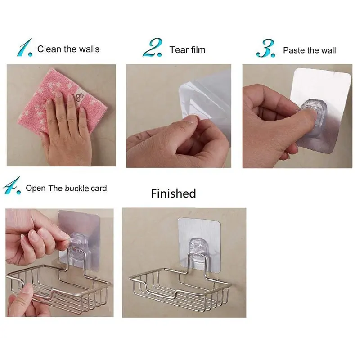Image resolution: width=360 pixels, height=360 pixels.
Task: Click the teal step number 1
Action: pos(24,48)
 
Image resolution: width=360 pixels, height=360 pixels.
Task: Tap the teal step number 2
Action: pos(152,47)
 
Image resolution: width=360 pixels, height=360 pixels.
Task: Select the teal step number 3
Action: pos(265,48)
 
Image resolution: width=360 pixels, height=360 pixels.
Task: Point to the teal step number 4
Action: pos(12,185)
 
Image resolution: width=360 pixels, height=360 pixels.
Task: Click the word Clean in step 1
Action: pos(49,49)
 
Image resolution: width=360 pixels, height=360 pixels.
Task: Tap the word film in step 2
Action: pos(197,50)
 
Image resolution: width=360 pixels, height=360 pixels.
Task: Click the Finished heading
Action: pos(173,193)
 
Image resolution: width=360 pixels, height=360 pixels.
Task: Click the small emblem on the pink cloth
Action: pos(78,97)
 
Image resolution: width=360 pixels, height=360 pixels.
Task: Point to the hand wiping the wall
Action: pos(67,131)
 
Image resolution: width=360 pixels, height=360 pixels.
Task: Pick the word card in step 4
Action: pos(99,188)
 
